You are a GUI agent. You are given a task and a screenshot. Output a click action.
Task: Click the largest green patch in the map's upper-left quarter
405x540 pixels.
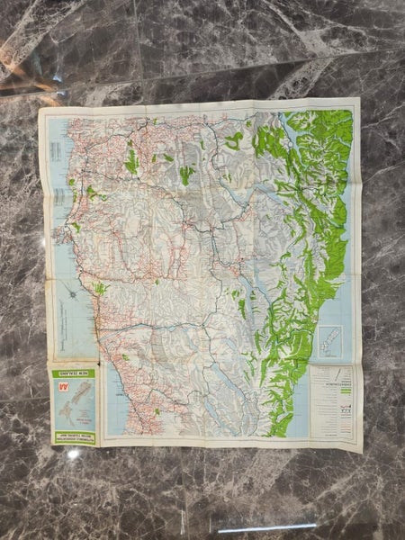pyautogui.click(x=132, y=162)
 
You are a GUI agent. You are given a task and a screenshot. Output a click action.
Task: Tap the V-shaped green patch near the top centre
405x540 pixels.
pyautogui.click(x=186, y=174)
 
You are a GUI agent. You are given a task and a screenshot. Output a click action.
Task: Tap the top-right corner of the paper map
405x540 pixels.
pyautogui.click(x=358, y=98)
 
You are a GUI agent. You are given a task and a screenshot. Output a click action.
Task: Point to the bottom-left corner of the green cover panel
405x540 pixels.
pyautogui.click(x=50, y=443)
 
